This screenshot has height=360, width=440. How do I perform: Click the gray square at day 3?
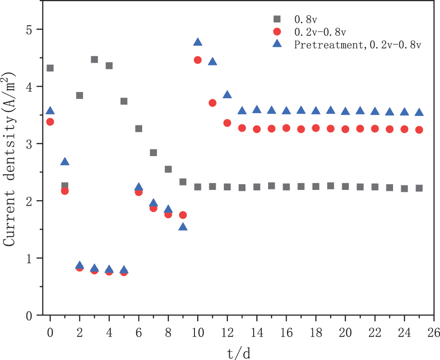(94, 60)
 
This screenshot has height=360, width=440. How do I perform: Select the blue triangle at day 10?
(198, 42)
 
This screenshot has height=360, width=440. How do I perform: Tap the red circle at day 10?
(198, 60)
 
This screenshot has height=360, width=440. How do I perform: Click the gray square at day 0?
(50, 68)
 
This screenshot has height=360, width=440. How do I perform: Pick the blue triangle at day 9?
(183, 227)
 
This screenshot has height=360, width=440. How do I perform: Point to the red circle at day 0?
(50, 122)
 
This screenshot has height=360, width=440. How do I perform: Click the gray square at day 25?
(419, 188)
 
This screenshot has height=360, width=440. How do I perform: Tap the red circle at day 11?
(213, 103)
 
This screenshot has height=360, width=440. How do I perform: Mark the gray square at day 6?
(139, 129)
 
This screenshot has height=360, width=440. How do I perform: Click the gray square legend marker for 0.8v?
(277, 19)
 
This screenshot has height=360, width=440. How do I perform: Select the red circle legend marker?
(277, 32)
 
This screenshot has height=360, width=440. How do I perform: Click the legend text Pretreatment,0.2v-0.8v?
(357, 45)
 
